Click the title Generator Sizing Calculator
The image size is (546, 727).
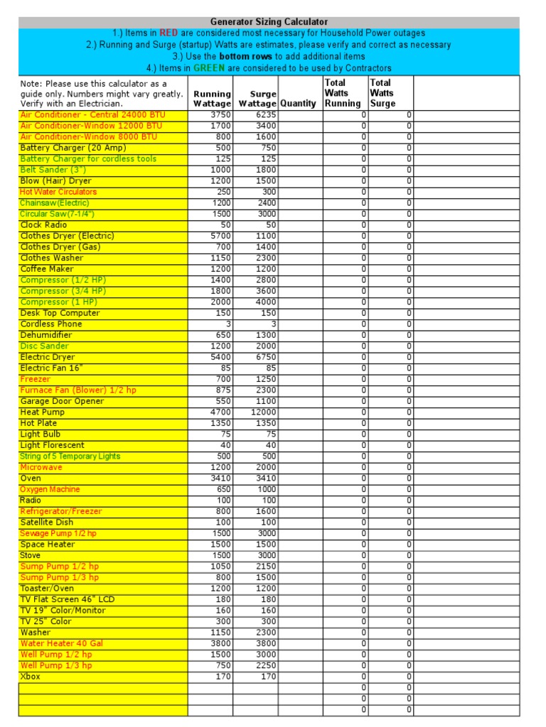click(x=269, y=22)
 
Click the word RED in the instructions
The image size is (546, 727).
click(x=168, y=33)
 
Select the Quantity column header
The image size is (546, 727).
click(x=298, y=104)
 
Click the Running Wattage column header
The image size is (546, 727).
click(x=212, y=99)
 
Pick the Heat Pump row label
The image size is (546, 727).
click(x=42, y=412)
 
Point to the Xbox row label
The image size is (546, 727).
click(x=31, y=677)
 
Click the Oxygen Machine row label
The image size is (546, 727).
click(x=50, y=490)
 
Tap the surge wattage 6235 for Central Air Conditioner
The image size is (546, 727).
click(x=266, y=114)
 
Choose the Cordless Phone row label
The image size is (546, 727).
click(x=51, y=324)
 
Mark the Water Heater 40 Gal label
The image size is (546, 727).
click(x=61, y=644)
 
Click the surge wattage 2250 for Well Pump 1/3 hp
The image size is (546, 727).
click(x=266, y=666)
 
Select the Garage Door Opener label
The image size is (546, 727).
click(x=62, y=402)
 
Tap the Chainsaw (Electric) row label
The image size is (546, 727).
click(x=55, y=203)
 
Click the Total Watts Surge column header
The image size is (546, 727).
click(x=382, y=93)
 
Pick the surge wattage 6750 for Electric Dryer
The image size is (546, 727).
click(x=266, y=357)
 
